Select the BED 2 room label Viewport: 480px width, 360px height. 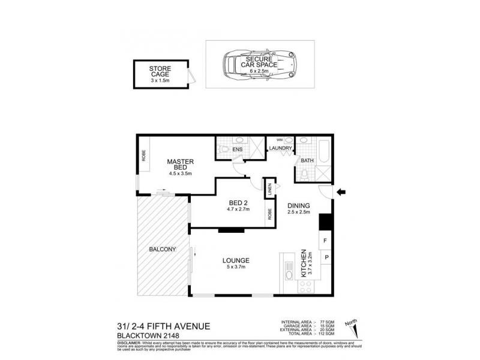coord(238,203)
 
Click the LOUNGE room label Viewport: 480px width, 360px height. coord(235,260)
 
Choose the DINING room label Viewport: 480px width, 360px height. coord(298,205)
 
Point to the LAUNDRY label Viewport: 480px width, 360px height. coord(280,148)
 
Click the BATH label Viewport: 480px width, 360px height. coord(307,160)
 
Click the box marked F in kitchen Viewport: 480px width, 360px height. coord(325,241)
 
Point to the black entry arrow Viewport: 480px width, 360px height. coord(341,192)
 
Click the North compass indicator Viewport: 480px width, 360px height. coord(352,328)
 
